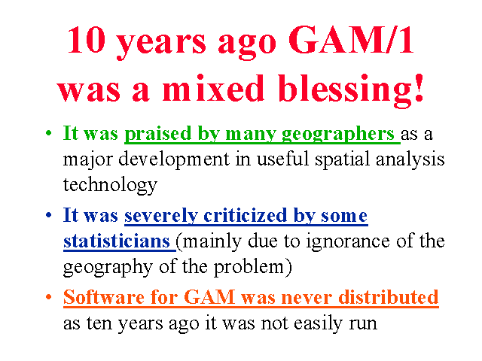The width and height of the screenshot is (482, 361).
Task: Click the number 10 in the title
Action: click(87, 40)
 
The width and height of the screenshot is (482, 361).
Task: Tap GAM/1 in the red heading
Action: click(351, 40)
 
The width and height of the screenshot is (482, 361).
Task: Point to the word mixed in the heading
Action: click(213, 88)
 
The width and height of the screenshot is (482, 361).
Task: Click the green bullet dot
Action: click(48, 133)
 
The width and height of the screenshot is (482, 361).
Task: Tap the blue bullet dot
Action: click(48, 215)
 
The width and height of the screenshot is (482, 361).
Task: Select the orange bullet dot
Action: click(48, 297)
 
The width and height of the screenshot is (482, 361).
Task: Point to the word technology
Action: click(110, 185)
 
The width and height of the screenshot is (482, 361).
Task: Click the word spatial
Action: click(342, 159)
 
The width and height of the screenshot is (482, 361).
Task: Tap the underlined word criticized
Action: click(245, 215)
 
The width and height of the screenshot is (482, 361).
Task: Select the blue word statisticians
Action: click(117, 241)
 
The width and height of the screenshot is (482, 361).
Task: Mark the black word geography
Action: click(108, 268)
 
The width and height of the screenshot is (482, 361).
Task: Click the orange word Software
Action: click(104, 297)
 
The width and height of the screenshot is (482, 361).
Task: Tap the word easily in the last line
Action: click(318, 323)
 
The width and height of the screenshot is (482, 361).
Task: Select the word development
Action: click(174, 159)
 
